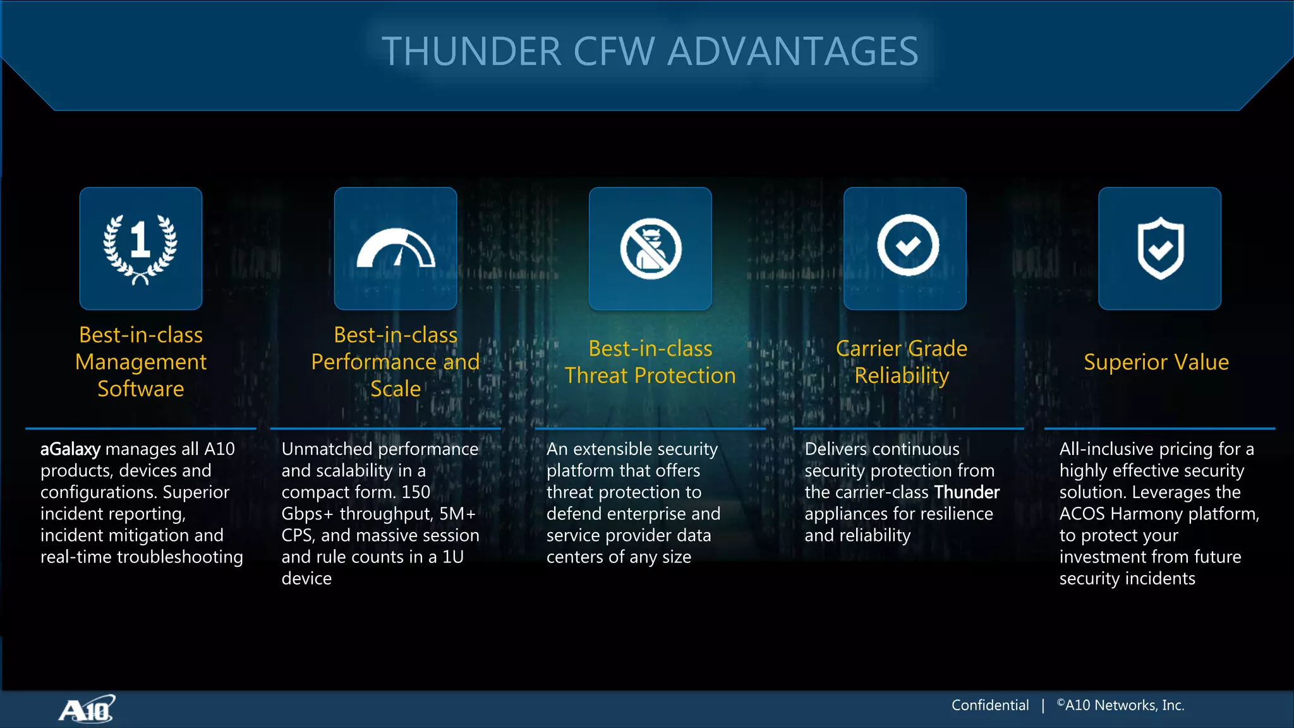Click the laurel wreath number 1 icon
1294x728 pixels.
(x=140, y=248)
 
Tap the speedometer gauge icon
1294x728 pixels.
(x=396, y=248)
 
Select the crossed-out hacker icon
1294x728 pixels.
(x=650, y=248)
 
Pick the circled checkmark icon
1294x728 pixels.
(x=907, y=246)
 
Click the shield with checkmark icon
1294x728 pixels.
(x=1160, y=248)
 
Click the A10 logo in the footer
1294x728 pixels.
(x=87, y=710)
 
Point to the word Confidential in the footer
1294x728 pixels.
(x=990, y=705)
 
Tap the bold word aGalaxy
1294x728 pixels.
(x=70, y=449)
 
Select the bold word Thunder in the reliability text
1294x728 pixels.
(x=967, y=492)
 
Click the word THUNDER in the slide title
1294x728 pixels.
(x=471, y=51)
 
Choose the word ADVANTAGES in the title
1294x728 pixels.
(x=793, y=51)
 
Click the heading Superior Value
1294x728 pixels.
(x=1156, y=362)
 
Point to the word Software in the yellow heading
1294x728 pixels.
(x=140, y=389)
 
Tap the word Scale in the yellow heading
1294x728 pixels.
(x=396, y=389)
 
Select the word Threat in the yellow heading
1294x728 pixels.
(x=596, y=376)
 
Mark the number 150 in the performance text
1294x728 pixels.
(x=416, y=492)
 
